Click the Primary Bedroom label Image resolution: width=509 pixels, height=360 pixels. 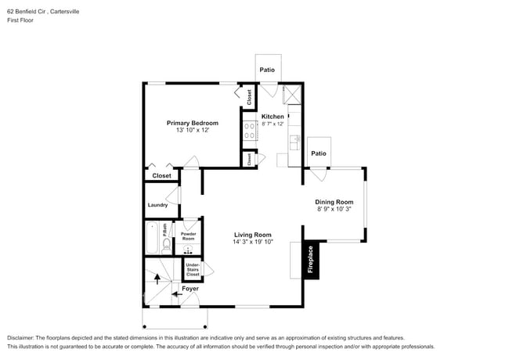[x=192, y=123]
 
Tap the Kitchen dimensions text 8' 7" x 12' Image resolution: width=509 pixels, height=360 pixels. [x=273, y=124]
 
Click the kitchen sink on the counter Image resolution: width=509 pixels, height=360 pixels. [x=295, y=142]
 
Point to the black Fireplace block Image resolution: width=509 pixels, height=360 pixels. [x=310, y=259]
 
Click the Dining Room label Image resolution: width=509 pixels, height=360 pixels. [x=334, y=202]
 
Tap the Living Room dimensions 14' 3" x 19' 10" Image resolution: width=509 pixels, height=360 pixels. [x=252, y=243]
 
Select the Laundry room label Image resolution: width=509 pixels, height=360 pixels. [x=157, y=205]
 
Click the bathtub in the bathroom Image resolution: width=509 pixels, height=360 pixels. [x=152, y=239]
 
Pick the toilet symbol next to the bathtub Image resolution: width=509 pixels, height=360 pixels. [x=166, y=245]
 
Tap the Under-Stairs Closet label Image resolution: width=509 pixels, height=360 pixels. [x=192, y=270]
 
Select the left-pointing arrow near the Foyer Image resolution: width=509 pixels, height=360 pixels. [x=175, y=294]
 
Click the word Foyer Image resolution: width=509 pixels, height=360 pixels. [x=190, y=289]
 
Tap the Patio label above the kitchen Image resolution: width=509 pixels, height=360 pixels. [x=267, y=70]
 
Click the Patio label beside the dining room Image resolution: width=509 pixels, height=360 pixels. [x=318, y=153]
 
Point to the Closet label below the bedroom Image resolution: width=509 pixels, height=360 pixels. [x=161, y=176]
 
